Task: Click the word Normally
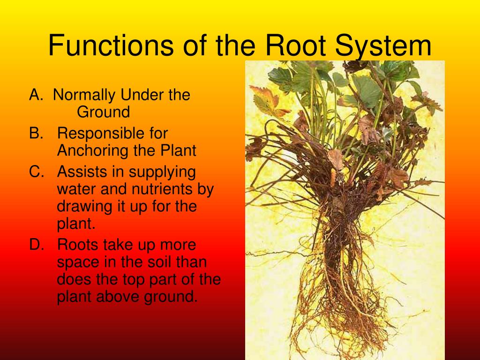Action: pyautogui.click(x=84, y=95)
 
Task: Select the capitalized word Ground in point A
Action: pyautogui.click(x=103, y=112)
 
